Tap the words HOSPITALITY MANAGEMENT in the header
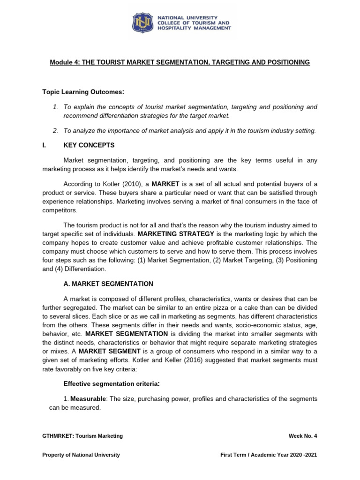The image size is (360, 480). tap(194, 28)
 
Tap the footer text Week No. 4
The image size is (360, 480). tap(303, 436)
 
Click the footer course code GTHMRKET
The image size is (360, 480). tap(59, 436)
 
